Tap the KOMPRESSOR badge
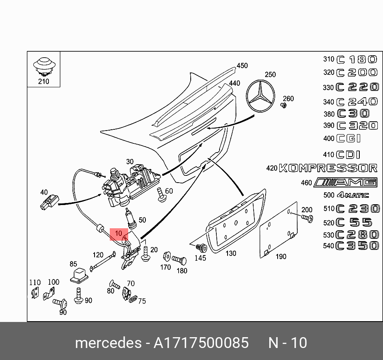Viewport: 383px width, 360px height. point(328,168)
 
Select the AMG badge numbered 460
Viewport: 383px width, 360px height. point(346,183)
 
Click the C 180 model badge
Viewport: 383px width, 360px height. point(356,60)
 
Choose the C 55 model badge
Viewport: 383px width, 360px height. point(354,222)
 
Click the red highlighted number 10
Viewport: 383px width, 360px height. point(119,233)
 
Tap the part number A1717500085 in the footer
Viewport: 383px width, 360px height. point(201,343)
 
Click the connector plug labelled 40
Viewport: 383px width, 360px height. point(49,202)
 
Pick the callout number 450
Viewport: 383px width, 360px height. point(242,66)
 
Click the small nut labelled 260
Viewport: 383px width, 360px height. point(284,105)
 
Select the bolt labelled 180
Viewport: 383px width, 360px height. point(179,260)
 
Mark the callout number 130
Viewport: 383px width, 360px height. point(231,253)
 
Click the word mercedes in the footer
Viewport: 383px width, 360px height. point(108,343)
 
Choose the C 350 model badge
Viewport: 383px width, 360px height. point(357,245)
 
